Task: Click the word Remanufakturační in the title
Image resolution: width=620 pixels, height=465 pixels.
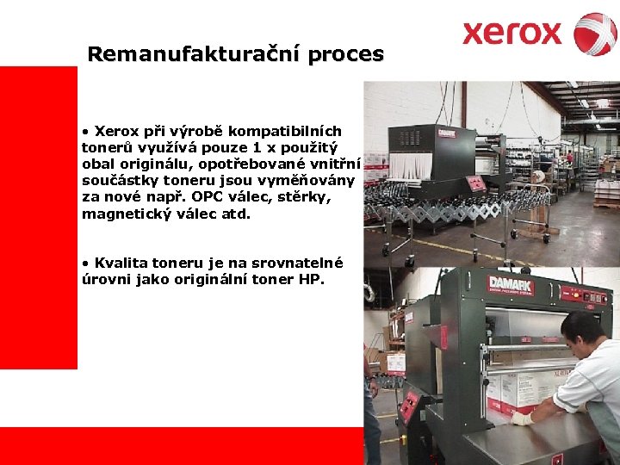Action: (x=195, y=54)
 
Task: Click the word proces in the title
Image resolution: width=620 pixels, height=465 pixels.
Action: (x=346, y=54)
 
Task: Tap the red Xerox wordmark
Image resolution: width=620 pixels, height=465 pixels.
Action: (x=512, y=34)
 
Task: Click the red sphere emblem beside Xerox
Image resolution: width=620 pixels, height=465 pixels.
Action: (x=595, y=34)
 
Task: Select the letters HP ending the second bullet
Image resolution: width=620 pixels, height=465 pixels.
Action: (x=313, y=279)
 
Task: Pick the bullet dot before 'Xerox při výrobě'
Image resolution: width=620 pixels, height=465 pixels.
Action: (x=85, y=132)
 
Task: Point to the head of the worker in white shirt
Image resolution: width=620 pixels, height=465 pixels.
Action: (x=582, y=332)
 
